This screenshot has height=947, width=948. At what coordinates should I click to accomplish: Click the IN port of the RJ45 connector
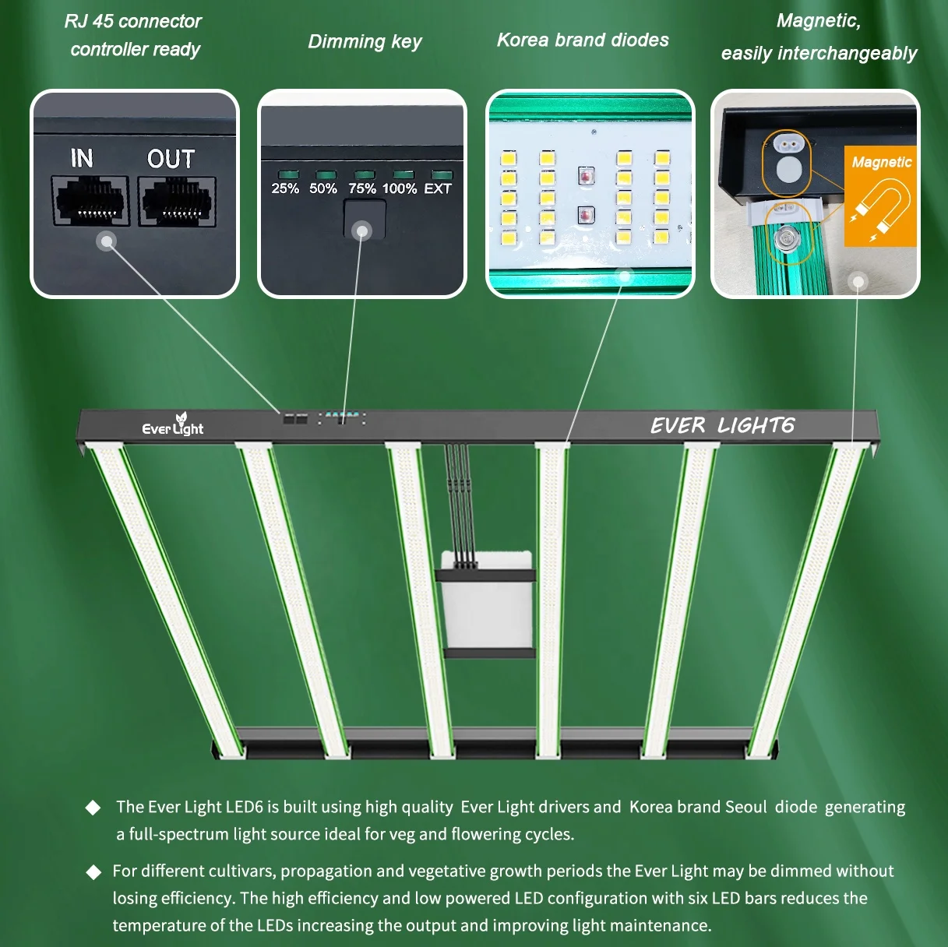[90, 201]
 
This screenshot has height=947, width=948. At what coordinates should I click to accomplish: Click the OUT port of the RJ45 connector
[178, 201]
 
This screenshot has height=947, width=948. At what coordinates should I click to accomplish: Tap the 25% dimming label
[285, 188]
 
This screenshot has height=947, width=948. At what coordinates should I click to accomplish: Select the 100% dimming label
[400, 188]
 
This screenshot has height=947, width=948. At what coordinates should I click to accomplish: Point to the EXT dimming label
[438, 188]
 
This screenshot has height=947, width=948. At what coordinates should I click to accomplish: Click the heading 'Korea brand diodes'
[583, 40]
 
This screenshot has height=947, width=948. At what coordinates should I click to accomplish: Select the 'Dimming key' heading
[365, 41]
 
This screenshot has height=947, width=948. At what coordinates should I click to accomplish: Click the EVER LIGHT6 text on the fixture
[722, 425]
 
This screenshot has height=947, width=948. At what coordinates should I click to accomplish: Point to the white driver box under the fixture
[487, 600]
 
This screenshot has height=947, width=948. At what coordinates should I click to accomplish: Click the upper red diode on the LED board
[587, 177]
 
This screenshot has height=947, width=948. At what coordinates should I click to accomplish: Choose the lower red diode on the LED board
[587, 215]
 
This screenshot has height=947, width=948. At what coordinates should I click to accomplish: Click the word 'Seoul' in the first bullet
[745, 807]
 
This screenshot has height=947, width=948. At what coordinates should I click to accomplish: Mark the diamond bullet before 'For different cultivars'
[93, 871]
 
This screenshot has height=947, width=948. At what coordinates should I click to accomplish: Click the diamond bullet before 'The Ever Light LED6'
[93, 808]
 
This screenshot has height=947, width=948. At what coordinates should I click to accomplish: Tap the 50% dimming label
[323, 188]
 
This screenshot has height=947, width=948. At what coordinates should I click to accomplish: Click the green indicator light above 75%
[364, 175]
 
